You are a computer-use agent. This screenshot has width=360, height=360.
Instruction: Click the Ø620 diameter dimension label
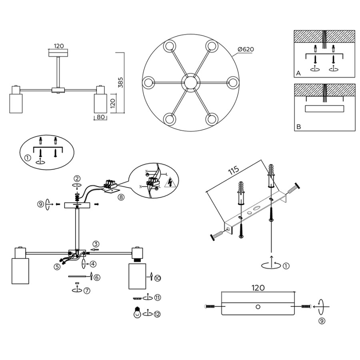(246, 49)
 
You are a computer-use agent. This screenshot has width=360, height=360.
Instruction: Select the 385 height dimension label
(120, 82)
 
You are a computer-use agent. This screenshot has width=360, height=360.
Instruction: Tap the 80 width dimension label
(100, 117)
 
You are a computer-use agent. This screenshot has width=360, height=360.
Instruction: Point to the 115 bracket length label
(234, 170)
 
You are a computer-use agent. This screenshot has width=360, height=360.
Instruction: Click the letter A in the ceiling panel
(298, 73)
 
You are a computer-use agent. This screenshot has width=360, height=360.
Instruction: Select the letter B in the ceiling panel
(298, 127)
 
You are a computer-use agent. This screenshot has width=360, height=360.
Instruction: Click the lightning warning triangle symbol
(170, 182)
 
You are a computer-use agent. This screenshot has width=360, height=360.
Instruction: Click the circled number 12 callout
(157, 314)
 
